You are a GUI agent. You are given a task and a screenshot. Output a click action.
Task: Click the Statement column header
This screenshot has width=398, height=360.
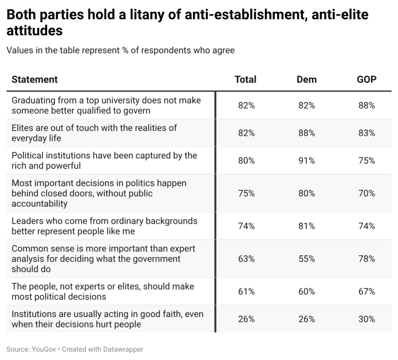(35, 80)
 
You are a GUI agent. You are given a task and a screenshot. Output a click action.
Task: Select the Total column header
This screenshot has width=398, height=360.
(246, 80)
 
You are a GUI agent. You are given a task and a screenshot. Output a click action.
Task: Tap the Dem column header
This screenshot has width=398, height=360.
(306, 80)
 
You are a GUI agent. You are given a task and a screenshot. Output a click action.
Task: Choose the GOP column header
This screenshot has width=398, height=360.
(366, 80)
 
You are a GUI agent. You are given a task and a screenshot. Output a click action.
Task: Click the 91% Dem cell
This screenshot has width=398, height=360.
(306, 161)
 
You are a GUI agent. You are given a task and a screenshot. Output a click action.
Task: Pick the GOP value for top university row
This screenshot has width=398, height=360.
(366, 105)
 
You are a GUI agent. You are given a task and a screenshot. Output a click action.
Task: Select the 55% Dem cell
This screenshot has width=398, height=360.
(306, 258)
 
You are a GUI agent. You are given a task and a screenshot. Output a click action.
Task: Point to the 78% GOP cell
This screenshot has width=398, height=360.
(366, 258)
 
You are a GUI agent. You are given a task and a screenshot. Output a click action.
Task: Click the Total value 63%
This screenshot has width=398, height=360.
(246, 258)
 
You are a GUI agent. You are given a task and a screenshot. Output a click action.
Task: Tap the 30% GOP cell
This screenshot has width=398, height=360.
(366, 319)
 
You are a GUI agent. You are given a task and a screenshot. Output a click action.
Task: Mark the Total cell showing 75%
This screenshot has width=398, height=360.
(246, 193)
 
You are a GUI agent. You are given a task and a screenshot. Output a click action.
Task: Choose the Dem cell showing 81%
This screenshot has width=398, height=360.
(306, 226)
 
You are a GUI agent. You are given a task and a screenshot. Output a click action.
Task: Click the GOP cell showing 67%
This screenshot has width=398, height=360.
(366, 292)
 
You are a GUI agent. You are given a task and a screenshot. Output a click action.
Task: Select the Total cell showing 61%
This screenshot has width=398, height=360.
(246, 292)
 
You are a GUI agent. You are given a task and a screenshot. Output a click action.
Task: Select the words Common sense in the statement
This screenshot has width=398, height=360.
(37, 249)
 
